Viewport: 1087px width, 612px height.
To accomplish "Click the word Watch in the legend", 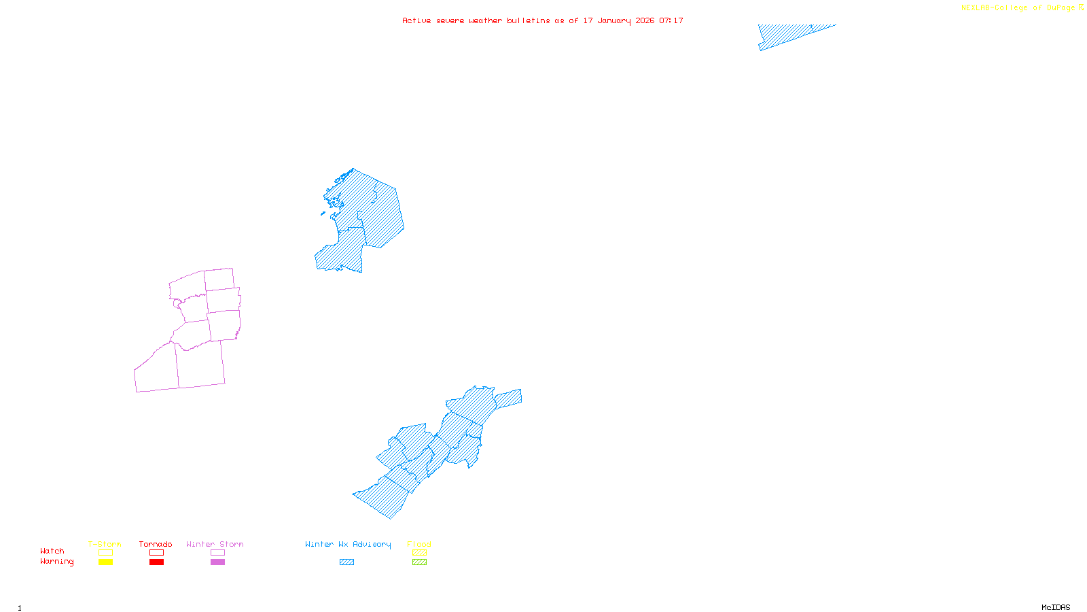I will click(x=52, y=551).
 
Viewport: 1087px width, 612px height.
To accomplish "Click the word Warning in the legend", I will click(x=57, y=562).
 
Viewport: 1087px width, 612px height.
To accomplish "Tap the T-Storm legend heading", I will click(x=105, y=544).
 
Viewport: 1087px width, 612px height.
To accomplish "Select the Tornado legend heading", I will click(x=156, y=544).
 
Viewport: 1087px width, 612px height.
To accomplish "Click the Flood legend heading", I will click(x=419, y=544).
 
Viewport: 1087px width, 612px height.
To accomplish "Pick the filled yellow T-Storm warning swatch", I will click(x=105, y=562).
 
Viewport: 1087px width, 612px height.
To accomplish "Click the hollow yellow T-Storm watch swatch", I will click(x=105, y=553).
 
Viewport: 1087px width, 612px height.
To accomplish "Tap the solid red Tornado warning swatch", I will click(x=157, y=562).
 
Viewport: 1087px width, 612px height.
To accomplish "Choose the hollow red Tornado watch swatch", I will click(x=157, y=553).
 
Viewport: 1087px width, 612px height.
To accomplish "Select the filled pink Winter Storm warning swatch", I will click(x=217, y=562).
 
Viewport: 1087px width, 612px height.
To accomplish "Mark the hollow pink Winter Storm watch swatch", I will click(x=217, y=553).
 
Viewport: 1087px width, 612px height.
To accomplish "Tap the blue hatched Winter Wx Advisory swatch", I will click(x=346, y=562).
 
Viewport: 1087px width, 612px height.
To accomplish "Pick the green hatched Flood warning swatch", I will click(x=419, y=562).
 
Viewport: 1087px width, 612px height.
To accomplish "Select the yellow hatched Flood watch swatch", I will click(x=419, y=553).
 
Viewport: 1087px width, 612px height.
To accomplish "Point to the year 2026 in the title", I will click(x=645, y=20).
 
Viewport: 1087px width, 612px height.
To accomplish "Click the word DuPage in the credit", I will click(x=1061, y=8).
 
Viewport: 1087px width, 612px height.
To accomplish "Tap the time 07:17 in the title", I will click(x=671, y=20).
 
